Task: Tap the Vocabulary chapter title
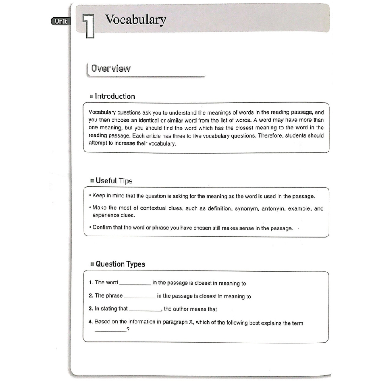(x=135, y=20)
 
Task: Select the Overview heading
(x=111, y=68)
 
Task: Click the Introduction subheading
(x=115, y=96)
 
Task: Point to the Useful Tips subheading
(x=114, y=180)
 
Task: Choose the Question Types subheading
(x=120, y=264)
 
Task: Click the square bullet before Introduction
(x=92, y=97)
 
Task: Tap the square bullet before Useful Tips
(x=92, y=181)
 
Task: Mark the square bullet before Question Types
(x=92, y=264)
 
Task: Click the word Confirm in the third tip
(x=102, y=228)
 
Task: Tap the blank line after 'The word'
(x=135, y=284)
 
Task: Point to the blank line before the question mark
(x=110, y=332)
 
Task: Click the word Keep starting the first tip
(x=99, y=197)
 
